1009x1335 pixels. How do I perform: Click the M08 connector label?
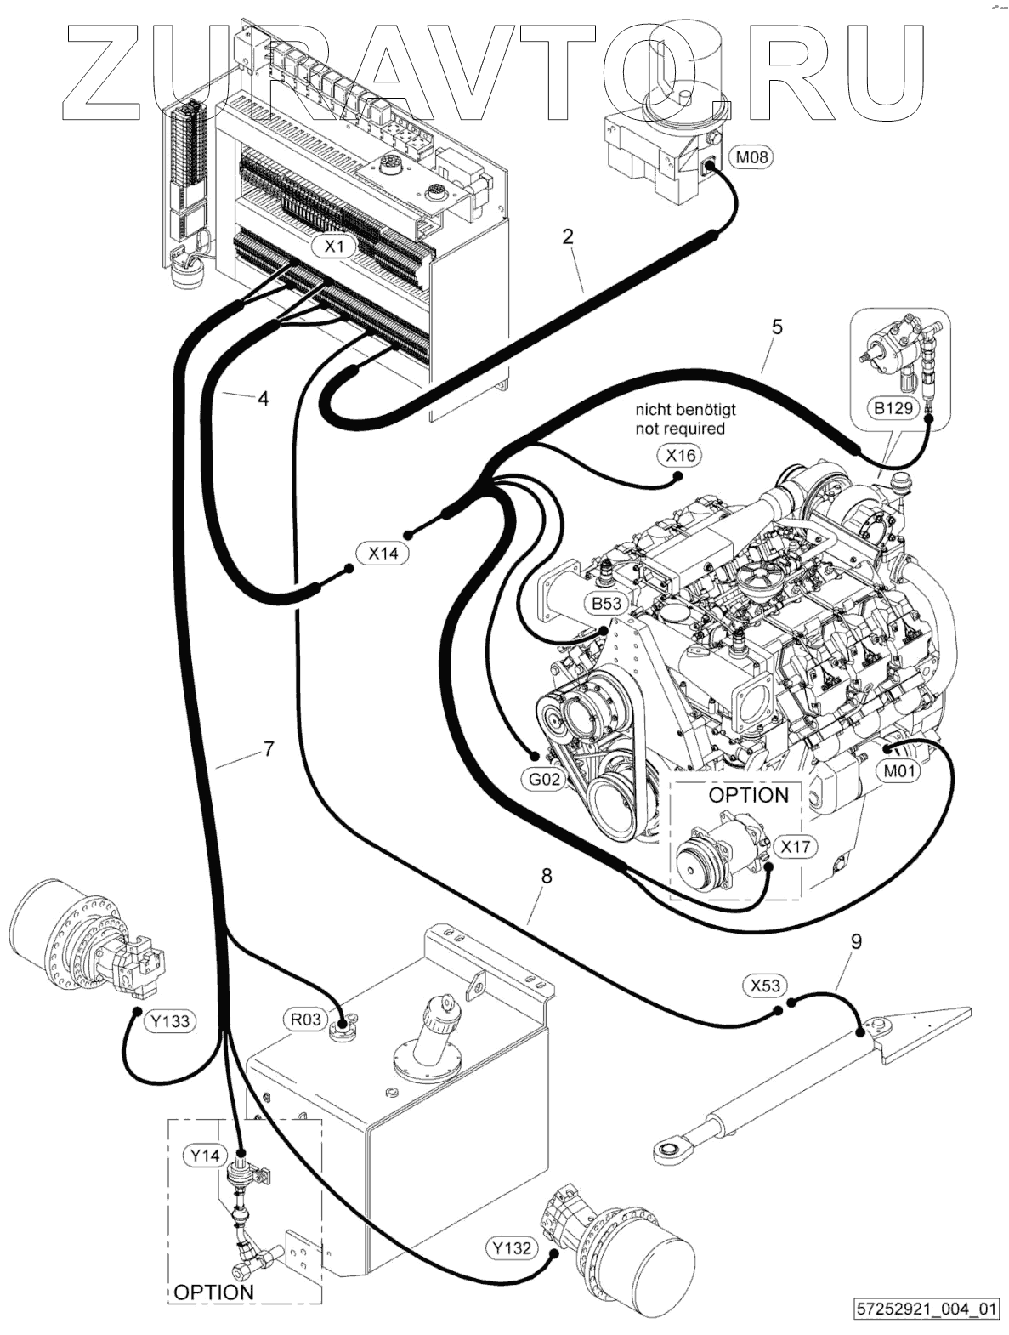click(x=752, y=157)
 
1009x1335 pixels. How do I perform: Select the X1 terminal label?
click(x=334, y=247)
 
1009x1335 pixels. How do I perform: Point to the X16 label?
click(x=680, y=455)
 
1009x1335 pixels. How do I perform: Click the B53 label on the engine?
click(x=607, y=604)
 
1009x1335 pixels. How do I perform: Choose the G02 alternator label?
click(x=544, y=779)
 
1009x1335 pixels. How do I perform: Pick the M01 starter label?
click(x=899, y=771)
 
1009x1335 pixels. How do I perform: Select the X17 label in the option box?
click(x=795, y=847)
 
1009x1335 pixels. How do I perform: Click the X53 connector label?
click(x=765, y=985)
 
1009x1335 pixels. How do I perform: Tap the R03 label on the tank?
click(x=306, y=1019)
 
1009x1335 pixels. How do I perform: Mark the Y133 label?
click(x=171, y=1021)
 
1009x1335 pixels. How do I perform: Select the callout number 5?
click(x=777, y=327)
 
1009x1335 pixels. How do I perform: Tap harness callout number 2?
click(x=569, y=236)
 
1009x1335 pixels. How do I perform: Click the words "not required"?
click(x=680, y=429)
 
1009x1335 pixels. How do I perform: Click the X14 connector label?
click(x=383, y=553)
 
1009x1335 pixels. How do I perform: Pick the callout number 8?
click(x=547, y=876)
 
